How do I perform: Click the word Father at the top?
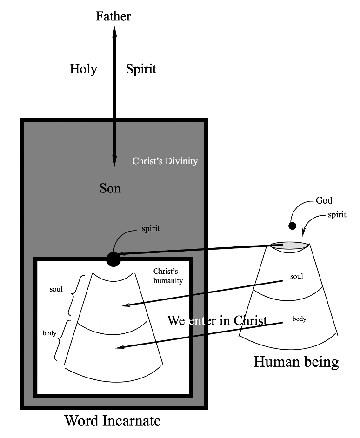pos(113,16)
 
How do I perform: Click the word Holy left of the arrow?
pos(83,69)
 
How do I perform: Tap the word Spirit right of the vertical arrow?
pos(141,69)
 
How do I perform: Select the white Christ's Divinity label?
pos(165,161)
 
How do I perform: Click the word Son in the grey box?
pos(110,188)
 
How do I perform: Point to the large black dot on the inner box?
pos(113,259)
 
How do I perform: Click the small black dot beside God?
pos(292,226)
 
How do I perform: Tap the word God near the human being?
pos(324,201)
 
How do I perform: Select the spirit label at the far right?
pos(337,215)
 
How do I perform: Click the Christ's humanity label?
pos(168,276)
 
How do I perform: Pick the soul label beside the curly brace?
pos(56,290)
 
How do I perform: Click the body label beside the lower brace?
pos(50,333)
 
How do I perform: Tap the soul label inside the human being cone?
pos(297,277)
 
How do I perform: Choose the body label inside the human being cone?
pos(300,319)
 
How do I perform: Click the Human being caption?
pos(296,361)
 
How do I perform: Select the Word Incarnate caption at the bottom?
pos(113,421)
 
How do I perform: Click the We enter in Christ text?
pos(217,321)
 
